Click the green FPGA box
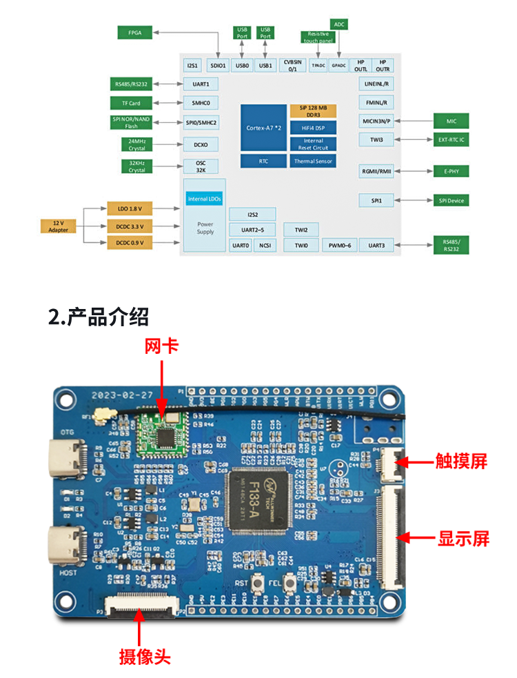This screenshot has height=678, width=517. coord(134,33)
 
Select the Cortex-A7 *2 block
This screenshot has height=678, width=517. coord(263,128)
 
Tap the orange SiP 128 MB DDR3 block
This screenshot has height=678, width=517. coord(314,111)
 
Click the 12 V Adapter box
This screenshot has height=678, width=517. coord(58,226)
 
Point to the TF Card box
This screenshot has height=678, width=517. coord(131,103)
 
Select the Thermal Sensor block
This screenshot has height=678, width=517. coord(314,161)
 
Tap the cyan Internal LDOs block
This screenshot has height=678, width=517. coord(205,199)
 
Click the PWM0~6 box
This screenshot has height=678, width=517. coord(339,245)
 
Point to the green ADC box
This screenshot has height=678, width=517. coord(338,24)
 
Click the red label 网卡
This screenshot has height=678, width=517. coord(162,346)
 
